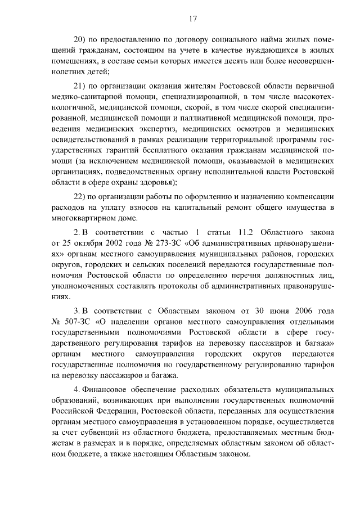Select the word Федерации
(x=102, y=409)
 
